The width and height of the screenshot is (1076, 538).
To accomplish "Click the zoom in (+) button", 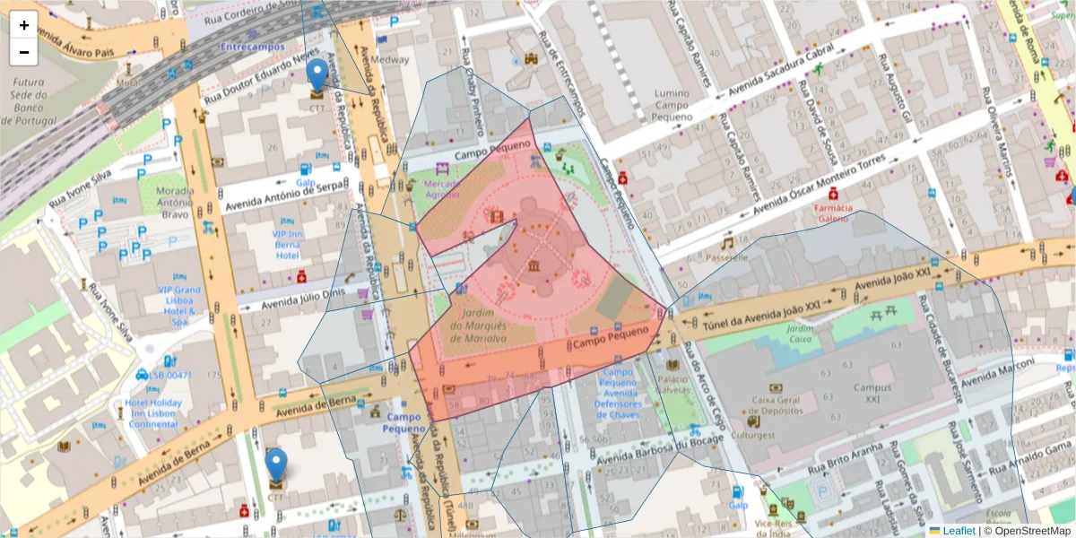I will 24,25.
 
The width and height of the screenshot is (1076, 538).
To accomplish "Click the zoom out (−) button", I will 24,52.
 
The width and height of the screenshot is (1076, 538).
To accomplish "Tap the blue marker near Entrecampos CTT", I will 317,74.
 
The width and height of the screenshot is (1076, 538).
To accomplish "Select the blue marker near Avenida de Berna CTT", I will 277,465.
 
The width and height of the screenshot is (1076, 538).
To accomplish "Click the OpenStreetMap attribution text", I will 1027,531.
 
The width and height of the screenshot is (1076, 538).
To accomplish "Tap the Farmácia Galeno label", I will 832,213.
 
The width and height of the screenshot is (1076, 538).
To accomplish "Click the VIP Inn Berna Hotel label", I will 287,244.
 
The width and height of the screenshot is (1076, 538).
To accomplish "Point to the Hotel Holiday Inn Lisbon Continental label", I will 153,413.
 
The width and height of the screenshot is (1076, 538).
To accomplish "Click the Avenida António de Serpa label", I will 285,195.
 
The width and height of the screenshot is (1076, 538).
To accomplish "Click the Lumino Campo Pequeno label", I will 672,105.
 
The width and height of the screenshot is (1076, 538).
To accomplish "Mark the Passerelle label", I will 726,257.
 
